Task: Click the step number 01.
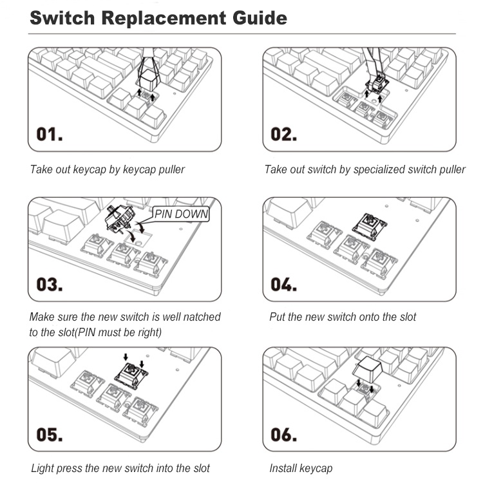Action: tap(50, 135)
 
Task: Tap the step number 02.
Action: tap(284, 135)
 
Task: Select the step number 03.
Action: tap(50, 283)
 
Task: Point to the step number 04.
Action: tap(284, 283)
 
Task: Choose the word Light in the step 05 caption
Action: tap(43, 468)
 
